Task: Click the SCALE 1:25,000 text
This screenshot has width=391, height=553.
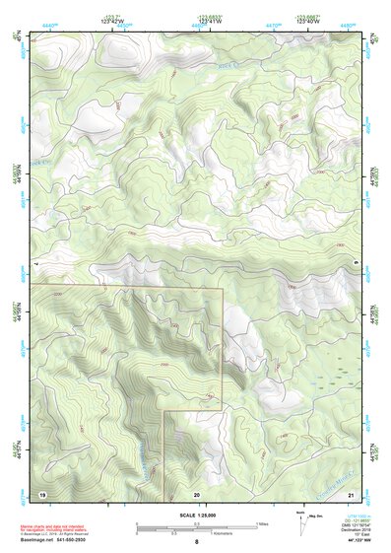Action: [x=195, y=515]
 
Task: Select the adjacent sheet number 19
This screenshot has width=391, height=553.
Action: [x=42, y=493]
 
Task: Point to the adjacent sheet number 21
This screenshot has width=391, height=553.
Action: [x=351, y=493]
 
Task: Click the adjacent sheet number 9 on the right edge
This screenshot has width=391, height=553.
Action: [x=356, y=263]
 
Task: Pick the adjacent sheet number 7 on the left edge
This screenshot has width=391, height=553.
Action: [x=35, y=263]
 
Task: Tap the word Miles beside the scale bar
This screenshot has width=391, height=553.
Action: [x=262, y=523]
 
